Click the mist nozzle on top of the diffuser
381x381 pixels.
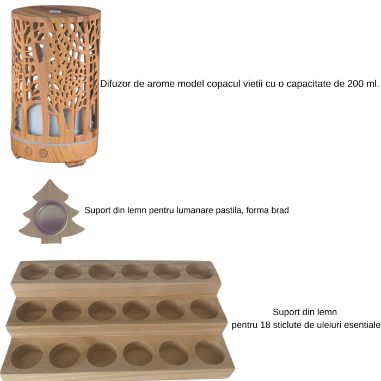[54, 11]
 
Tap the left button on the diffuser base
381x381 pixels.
[28, 151]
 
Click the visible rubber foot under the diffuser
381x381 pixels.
[75, 164]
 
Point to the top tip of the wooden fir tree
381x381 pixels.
[50, 180]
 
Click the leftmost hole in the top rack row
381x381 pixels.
[34, 271]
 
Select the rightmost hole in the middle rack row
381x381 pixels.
[204, 309]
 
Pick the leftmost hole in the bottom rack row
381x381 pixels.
[27, 356]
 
